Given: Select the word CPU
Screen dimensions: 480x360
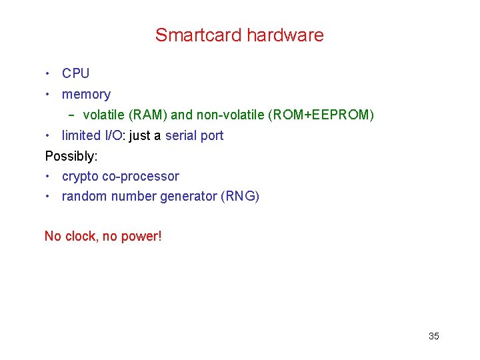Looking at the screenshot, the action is click(x=75, y=73).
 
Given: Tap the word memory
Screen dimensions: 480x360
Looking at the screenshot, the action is click(x=86, y=95).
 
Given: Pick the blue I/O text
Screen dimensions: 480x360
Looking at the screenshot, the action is click(x=113, y=135).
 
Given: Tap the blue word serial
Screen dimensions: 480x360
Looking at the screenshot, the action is click(x=180, y=135).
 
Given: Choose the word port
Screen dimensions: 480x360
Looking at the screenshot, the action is click(x=212, y=135).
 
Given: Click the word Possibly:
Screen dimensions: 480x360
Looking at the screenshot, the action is click(x=71, y=156).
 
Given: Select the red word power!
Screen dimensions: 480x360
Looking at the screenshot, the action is click(x=141, y=236).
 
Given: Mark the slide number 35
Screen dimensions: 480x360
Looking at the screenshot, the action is click(x=433, y=336).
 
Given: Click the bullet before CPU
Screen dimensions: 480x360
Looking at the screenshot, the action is click(x=49, y=73).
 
